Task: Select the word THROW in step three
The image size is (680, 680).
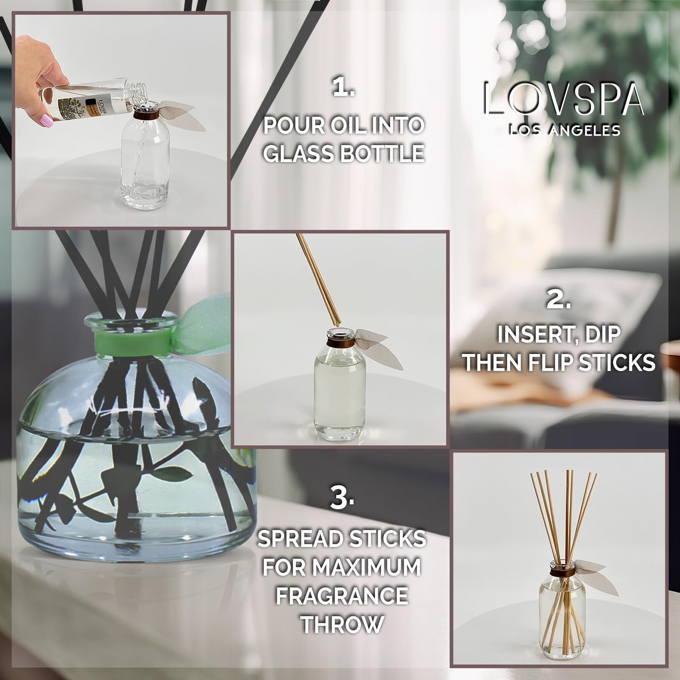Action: pyautogui.click(x=342, y=624)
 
